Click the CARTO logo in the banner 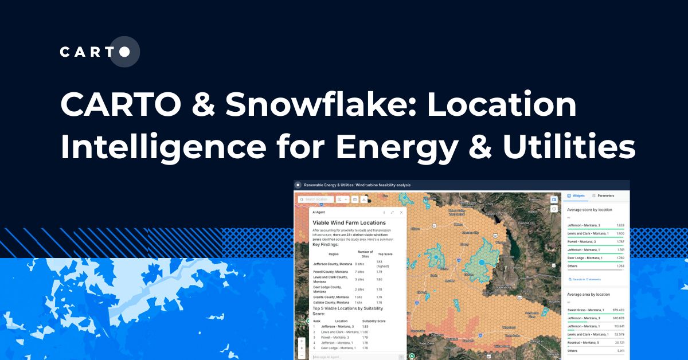pyautogui.click(x=99, y=52)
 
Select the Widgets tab pyautogui.click(x=576, y=196)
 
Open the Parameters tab pyautogui.click(x=603, y=196)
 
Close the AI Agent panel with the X pyautogui.click(x=401, y=212)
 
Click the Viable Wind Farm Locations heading pyautogui.click(x=349, y=222)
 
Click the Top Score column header pyautogui.click(x=385, y=253)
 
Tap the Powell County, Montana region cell pyautogui.click(x=329, y=271)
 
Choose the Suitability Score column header pyautogui.click(x=374, y=321)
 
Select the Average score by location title pyautogui.click(x=589, y=210)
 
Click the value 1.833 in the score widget pyautogui.click(x=620, y=225)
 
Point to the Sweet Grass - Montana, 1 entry pyautogui.click(x=585, y=310)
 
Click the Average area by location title pyautogui.click(x=589, y=294)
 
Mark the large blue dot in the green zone pyautogui.click(x=482, y=262)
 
